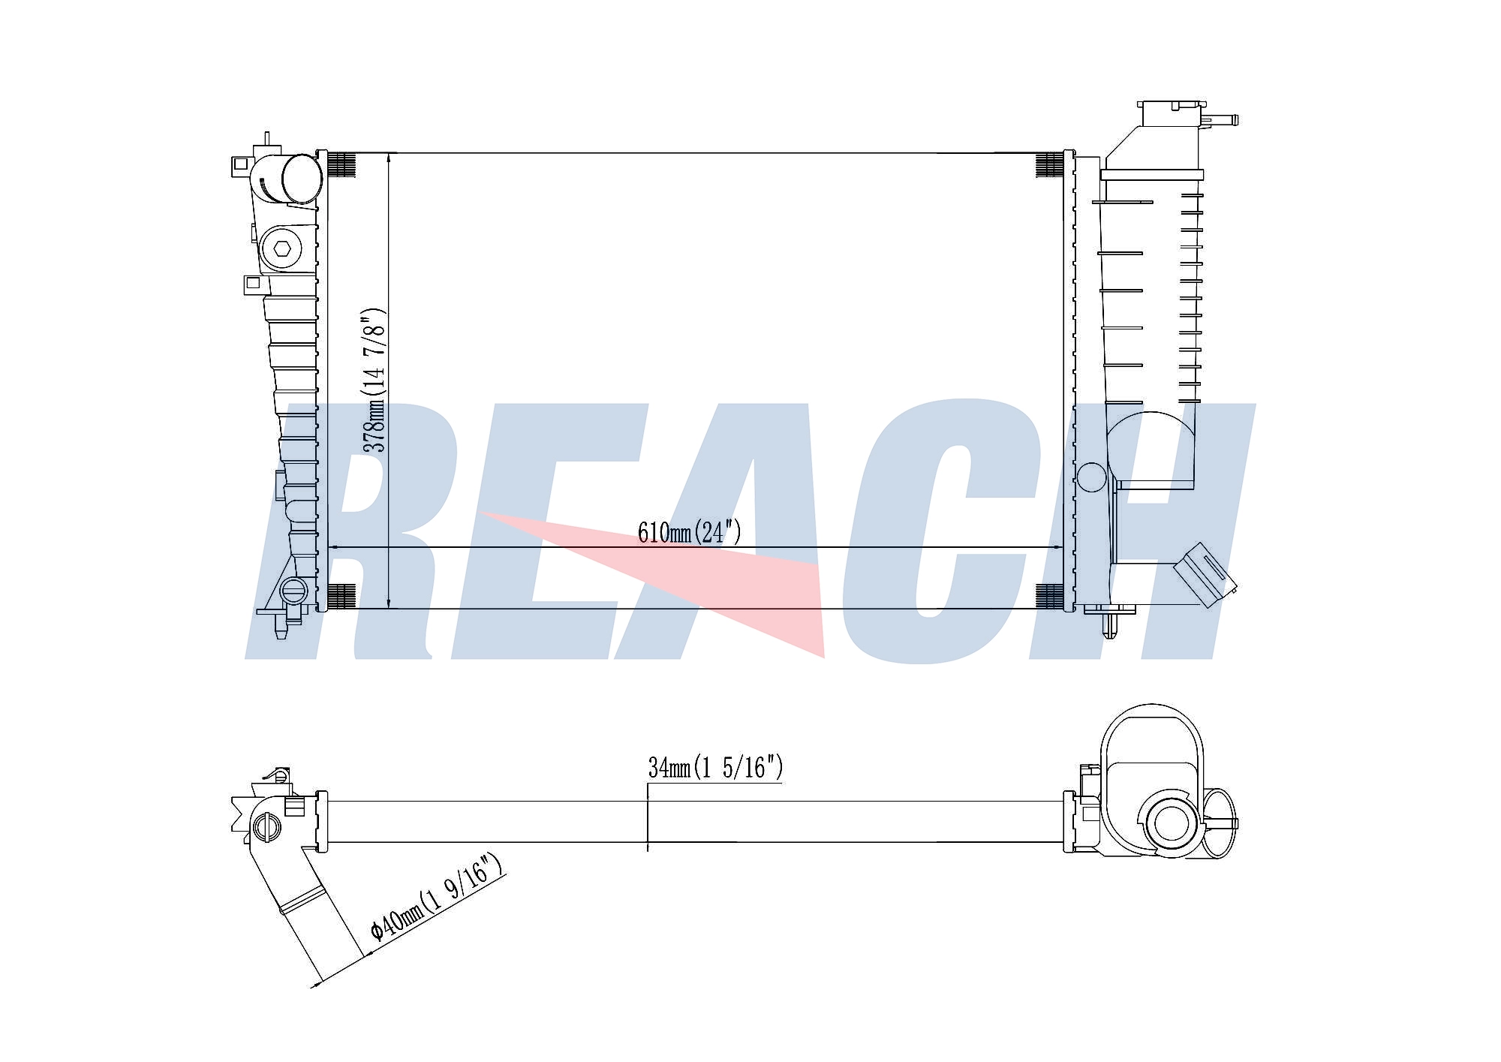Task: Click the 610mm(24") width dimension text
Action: [x=689, y=532]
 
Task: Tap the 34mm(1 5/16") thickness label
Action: [x=715, y=768]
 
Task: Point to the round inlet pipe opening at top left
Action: [x=301, y=179]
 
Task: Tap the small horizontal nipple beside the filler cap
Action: [x=1220, y=119]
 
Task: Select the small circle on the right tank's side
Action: [x=1091, y=477]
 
